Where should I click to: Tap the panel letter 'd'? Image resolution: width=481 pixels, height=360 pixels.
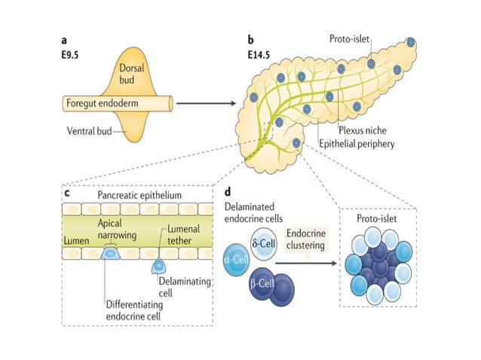pyautogui.click(x=228, y=194)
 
